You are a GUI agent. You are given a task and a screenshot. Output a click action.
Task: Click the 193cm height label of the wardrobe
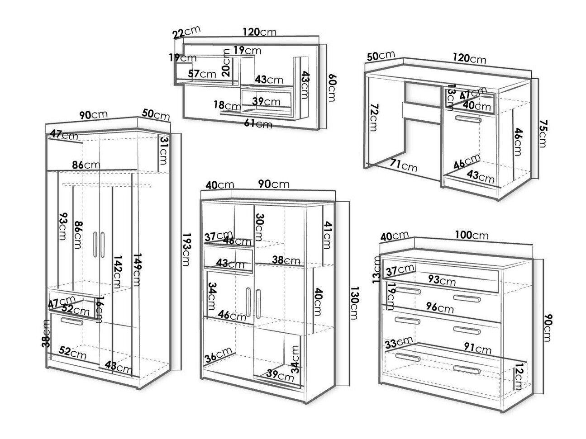186,250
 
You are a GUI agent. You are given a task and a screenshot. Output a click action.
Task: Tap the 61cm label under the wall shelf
258,123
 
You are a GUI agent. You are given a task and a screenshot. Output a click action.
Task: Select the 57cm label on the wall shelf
202,74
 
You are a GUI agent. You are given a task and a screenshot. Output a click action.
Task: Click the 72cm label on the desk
372,117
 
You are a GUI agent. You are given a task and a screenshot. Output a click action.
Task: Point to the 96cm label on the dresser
439,308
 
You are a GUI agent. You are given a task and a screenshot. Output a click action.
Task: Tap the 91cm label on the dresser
477,349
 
